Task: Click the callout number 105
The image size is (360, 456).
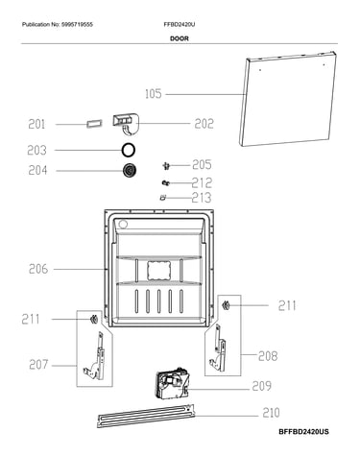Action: (x=154, y=94)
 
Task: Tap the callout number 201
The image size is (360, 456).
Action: (x=36, y=124)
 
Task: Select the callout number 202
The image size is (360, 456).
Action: (x=204, y=124)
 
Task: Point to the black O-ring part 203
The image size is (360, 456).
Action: (x=129, y=150)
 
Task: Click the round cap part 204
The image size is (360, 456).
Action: (x=130, y=170)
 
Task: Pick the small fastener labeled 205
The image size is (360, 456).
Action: (x=166, y=166)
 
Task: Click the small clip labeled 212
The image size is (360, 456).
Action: (x=165, y=183)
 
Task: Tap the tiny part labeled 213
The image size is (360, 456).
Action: (x=163, y=198)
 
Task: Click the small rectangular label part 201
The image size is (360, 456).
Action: (x=94, y=124)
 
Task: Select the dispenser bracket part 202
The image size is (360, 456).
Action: (x=126, y=124)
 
